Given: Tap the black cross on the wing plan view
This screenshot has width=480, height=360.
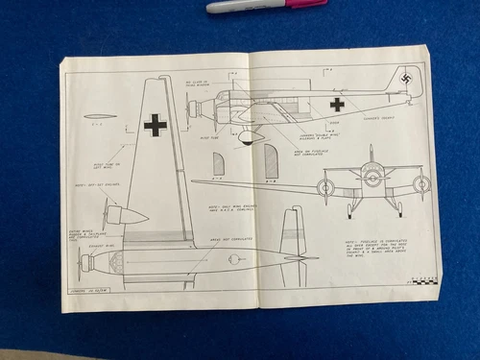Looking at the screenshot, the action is [x=155, y=124].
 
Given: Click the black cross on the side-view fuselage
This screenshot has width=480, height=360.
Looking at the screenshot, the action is [x=337, y=105].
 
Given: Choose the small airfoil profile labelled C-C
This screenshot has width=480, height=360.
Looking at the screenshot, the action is [x=100, y=117].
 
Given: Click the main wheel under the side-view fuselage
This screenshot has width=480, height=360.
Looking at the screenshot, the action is [x=247, y=136].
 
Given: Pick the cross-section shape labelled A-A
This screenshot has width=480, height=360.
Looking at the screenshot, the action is [x=219, y=164].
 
